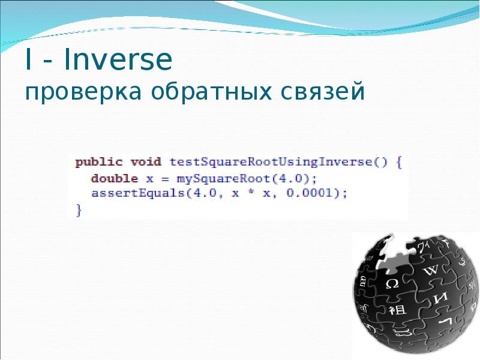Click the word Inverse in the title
(x=118, y=62)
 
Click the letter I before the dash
(x=29, y=62)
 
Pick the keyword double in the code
(x=115, y=178)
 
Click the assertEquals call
(x=138, y=193)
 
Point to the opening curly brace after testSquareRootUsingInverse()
(x=400, y=162)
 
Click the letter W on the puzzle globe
(x=430, y=270)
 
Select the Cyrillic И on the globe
(x=442, y=298)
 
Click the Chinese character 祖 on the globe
(x=397, y=310)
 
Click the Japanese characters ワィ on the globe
(x=424, y=246)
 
